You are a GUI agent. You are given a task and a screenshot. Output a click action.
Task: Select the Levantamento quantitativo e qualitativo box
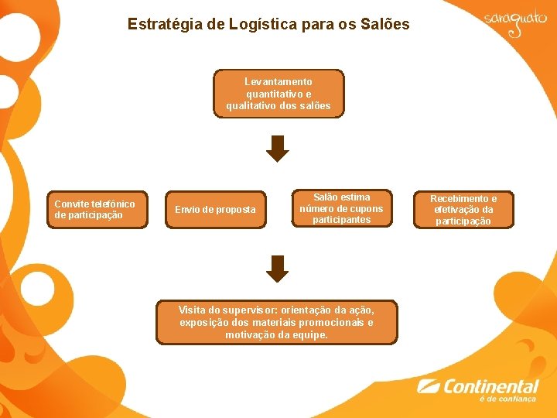[278, 94]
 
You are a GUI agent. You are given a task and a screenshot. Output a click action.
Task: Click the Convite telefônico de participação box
[94, 210]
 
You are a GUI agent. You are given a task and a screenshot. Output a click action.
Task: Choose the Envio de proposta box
[215, 210]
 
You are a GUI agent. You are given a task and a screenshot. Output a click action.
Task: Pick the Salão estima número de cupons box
[341, 209]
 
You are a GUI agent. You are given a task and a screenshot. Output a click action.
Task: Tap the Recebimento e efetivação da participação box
[463, 210]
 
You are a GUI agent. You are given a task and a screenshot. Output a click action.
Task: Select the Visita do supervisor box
[276, 322]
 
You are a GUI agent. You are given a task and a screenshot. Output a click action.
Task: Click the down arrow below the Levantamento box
[277, 148]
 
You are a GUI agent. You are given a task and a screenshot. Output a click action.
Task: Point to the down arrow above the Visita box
[277, 268]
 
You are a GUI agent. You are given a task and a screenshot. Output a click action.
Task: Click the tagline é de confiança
[507, 399]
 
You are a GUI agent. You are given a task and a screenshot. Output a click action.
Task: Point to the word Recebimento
[463, 199]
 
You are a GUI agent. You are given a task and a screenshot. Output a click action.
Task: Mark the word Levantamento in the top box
[278, 82]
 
